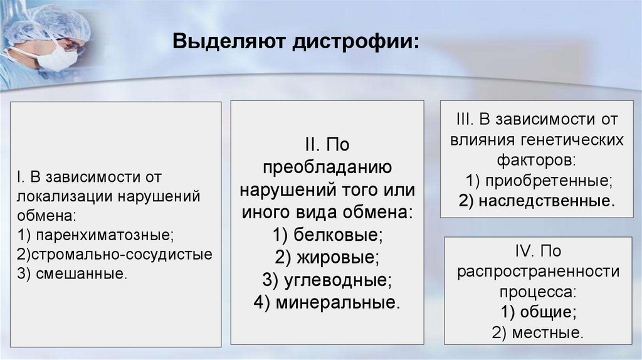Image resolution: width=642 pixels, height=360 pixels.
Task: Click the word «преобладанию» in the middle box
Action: [327, 167]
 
